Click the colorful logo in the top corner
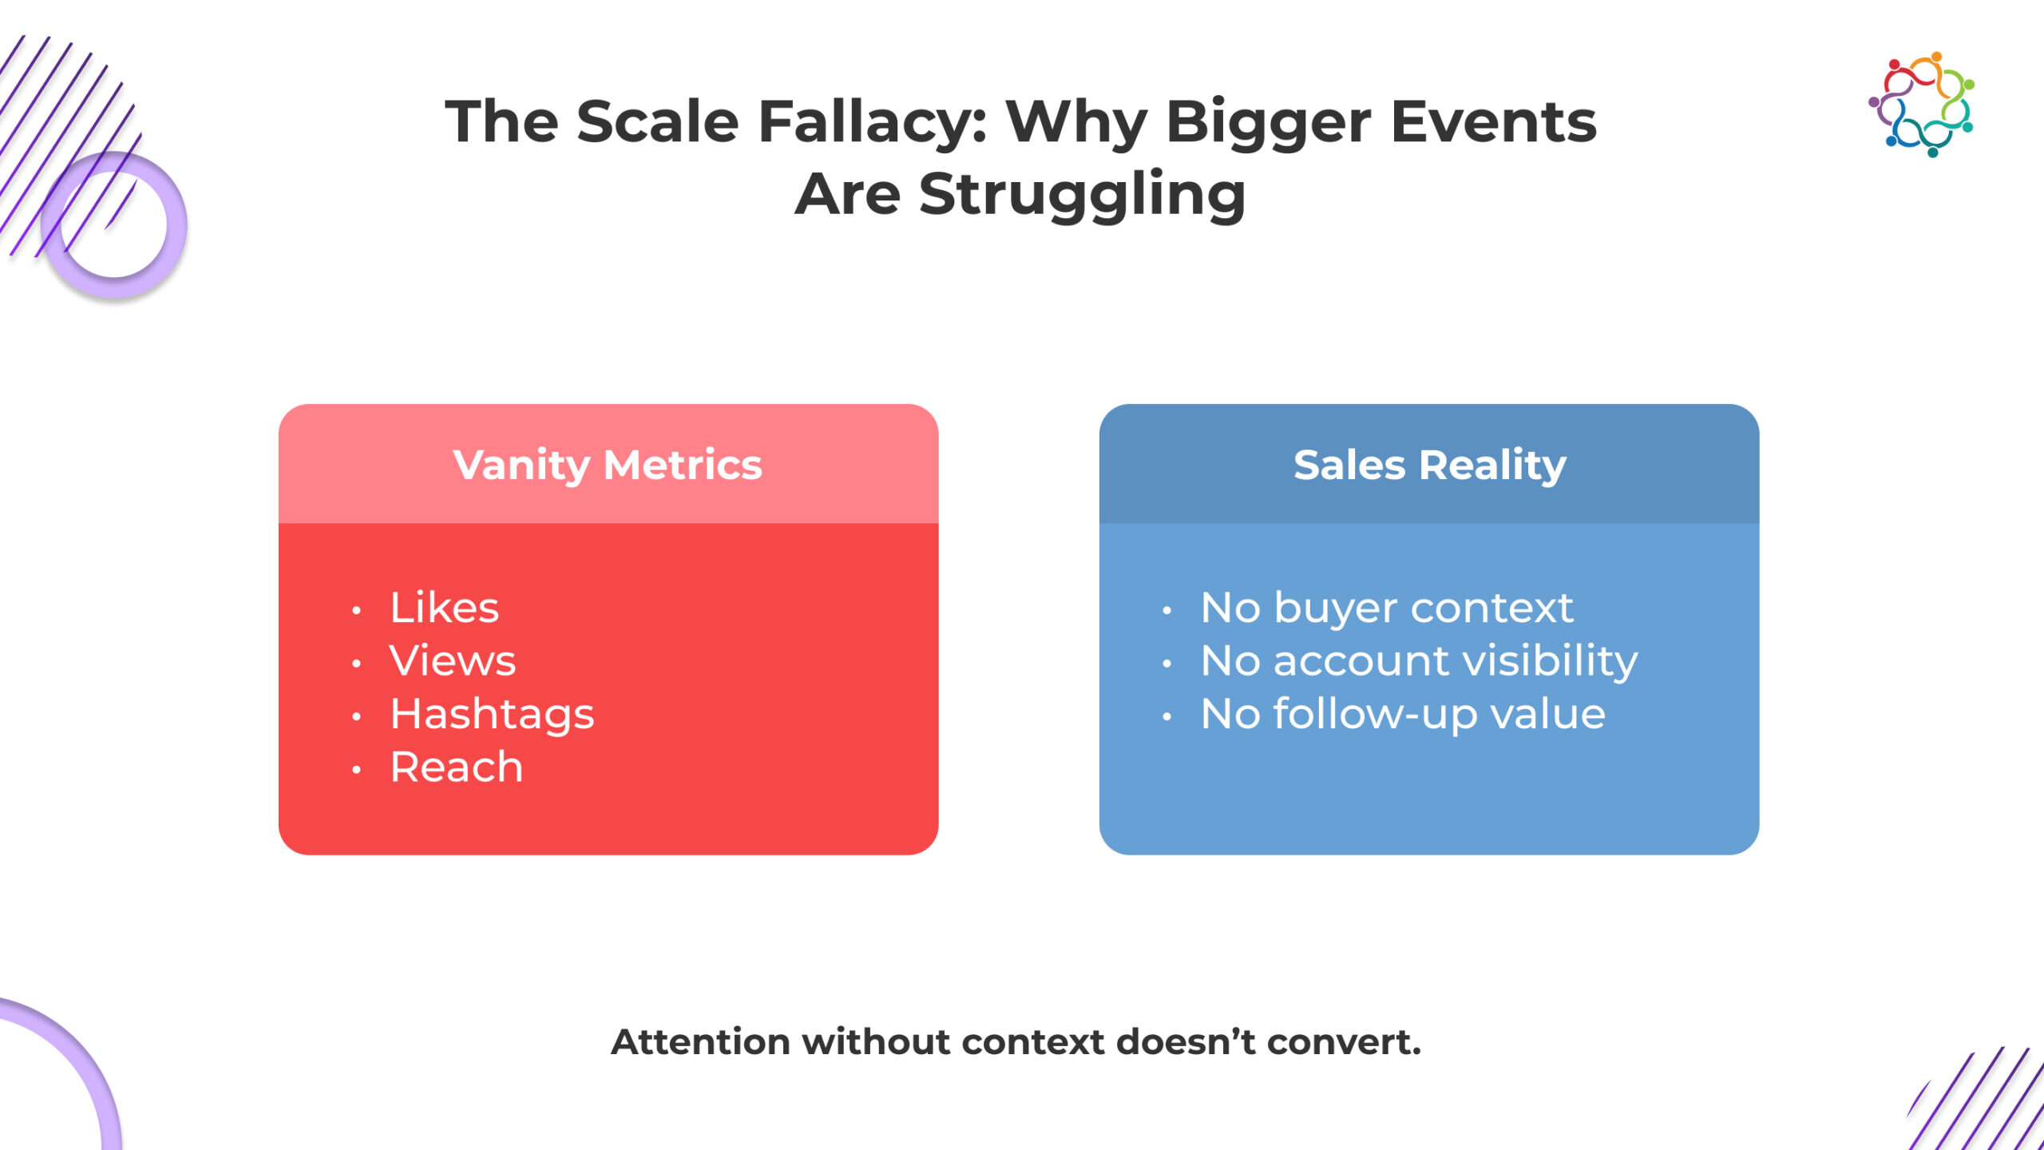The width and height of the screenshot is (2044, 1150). click(x=1921, y=105)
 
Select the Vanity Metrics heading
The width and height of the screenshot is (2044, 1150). click(x=608, y=466)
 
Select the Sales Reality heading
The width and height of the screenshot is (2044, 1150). click(x=1429, y=466)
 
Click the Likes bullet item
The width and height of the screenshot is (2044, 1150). click(x=444, y=608)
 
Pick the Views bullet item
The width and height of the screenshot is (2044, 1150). click(x=453, y=660)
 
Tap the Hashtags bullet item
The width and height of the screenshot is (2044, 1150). click(x=492, y=714)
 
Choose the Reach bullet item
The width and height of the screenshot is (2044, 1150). click(x=456, y=767)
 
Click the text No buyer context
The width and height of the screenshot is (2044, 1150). click(x=1387, y=608)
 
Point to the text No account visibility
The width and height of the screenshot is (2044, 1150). click(x=1419, y=662)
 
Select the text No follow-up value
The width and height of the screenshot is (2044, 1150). click(x=1403, y=714)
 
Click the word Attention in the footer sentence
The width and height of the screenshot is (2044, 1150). click(x=700, y=1042)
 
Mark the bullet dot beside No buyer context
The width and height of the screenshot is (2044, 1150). click(x=1167, y=611)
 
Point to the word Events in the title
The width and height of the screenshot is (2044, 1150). click(x=1493, y=122)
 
